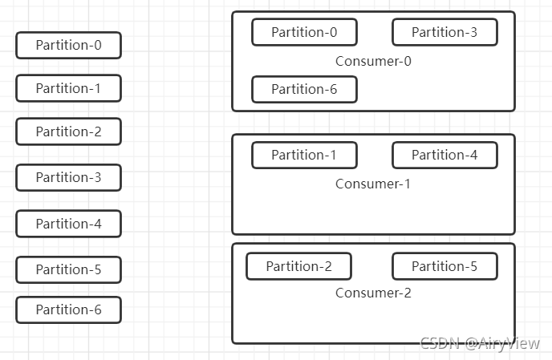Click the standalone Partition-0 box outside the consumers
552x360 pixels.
click(69, 45)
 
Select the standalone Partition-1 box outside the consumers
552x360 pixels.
click(69, 88)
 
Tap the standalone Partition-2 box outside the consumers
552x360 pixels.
click(69, 131)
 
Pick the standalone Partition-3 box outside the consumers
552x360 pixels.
click(69, 177)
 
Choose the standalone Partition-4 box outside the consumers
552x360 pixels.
click(69, 224)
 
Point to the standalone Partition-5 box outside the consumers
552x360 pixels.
click(69, 269)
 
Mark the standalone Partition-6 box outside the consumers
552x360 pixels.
click(69, 309)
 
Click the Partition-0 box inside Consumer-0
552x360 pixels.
click(305, 32)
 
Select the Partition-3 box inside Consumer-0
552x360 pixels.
click(445, 32)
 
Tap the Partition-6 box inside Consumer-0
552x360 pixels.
click(305, 89)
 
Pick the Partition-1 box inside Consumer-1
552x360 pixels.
click(305, 155)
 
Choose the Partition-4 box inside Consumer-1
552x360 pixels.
click(445, 155)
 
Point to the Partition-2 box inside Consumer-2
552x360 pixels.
click(299, 266)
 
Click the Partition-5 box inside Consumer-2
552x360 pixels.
click(445, 266)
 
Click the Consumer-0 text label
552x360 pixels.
click(373, 61)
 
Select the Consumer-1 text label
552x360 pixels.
click(373, 184)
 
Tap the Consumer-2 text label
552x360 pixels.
click(373, 293)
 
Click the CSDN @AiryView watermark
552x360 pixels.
click(480, 343)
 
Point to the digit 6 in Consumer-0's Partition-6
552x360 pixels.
click(333, 89)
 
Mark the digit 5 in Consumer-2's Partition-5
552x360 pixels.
click(473, 266)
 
